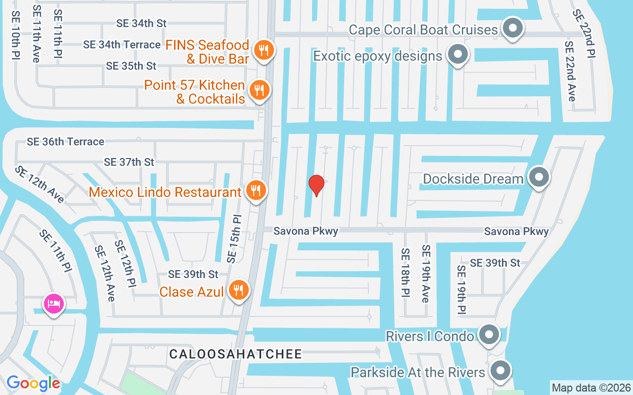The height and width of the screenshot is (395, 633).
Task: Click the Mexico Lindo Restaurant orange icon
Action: pos(256,190)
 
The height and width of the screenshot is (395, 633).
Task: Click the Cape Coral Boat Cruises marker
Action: pos(513,28)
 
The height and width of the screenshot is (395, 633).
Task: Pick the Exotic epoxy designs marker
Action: pos(458,54)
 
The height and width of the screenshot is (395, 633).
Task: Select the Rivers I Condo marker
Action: pos(489,334)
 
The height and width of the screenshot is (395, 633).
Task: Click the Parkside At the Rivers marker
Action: pos(500,370)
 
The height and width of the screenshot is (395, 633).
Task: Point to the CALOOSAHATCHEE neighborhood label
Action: pos(235,354)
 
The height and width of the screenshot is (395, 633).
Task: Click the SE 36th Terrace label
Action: pos(65,142)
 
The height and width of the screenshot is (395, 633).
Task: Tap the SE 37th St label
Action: pos(129,162)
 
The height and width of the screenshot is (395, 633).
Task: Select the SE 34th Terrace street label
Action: pos(122,44)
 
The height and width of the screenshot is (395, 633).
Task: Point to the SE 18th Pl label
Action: pos(406,273)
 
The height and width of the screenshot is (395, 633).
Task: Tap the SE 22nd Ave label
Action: pos(570,71)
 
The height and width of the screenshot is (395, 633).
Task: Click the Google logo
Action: pos(33,383)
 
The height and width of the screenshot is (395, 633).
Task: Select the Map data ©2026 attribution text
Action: pos(591,388)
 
